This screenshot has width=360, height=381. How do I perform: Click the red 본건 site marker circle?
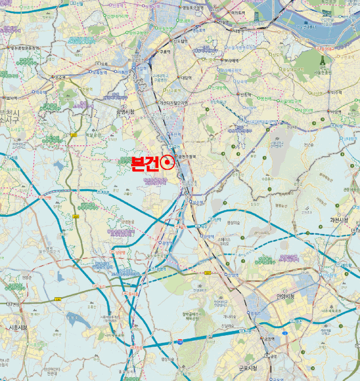click(168, 162)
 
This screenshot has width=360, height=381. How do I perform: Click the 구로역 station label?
click(165, 52)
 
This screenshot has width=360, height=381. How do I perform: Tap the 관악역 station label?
click(208, 236)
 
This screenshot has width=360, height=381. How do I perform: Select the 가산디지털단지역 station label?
click(174, 102)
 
